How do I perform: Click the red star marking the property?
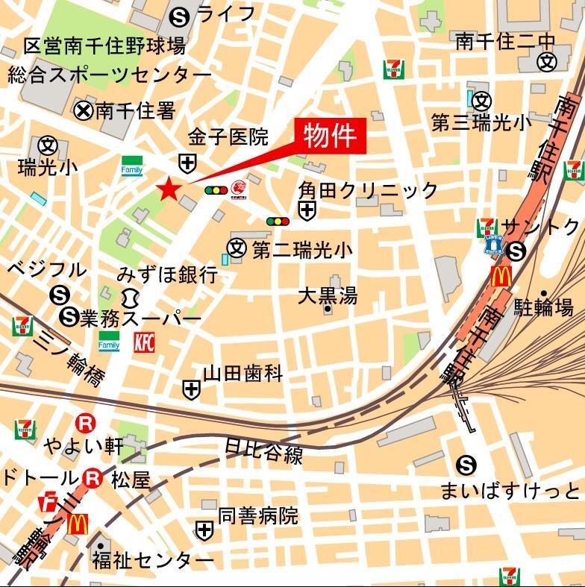pos(169,189)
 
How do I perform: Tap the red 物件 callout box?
pos(329,136)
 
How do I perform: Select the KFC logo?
pos(145,342)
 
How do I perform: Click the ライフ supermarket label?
pos(225,13)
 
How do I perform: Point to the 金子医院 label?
pos(228,136)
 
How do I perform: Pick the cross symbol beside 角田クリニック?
pos(307,211)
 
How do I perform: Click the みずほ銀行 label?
pos(167,274)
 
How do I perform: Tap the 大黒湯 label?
pos(328,295)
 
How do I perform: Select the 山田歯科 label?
pos(243,373)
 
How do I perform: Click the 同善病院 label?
pos(257,515)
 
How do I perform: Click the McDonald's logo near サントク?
pos(501,277)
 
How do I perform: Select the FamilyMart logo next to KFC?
pos(110,342)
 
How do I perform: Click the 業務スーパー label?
pos(141,318)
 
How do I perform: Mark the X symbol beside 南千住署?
pos(84,111)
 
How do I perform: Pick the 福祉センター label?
pos(152,559)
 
